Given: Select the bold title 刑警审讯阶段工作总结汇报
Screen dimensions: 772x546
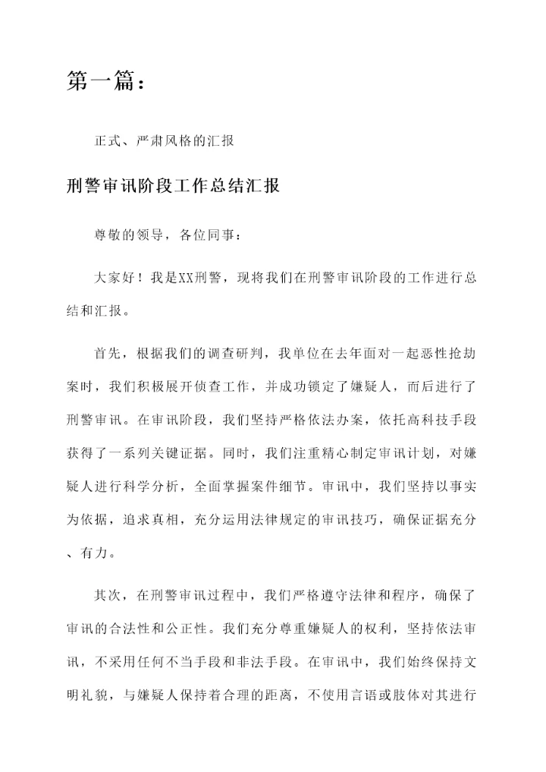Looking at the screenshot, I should click(173, 185).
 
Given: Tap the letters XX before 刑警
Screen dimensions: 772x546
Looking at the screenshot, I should click(187, 278).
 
